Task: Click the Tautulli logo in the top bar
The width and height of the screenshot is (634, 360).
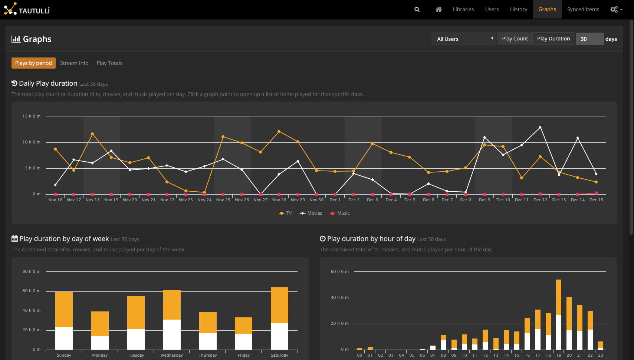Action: [x=27, y=9]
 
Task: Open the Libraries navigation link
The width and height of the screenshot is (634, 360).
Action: [x=463, y=9]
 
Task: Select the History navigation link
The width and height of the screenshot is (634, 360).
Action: [x=518, y=9]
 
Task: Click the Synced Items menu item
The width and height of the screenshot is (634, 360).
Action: [x=583, y=9]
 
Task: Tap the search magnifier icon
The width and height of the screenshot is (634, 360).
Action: [x=417, y=9]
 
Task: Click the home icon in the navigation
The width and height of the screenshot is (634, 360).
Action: [x=438, y=9]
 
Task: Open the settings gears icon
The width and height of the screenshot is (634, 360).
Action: [x=616, y=9]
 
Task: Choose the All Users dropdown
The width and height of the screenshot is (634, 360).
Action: [x=464, y=39]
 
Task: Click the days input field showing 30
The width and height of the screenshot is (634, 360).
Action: [x=589, y=39]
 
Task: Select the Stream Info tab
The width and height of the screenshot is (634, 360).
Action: [x=74, y=63]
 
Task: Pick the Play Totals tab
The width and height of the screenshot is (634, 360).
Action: [x=109, y=63]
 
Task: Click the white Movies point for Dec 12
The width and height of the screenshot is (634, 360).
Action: [x=540, y=127]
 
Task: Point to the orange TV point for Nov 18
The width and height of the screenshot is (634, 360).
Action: [x=92, y=134]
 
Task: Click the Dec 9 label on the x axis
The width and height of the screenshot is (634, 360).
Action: [x=484, y=200]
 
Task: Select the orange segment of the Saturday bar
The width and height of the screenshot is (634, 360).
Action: [x=279, y=305]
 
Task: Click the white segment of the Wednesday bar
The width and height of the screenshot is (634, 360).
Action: [x=172, y=334]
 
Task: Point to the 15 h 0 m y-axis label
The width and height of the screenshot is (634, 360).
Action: [x=32, y=116]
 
